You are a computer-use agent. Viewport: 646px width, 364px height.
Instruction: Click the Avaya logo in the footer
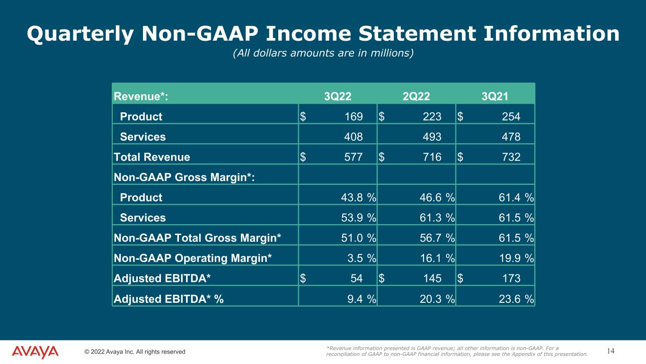[35, 352]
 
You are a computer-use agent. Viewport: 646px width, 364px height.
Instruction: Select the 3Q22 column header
[337, 97]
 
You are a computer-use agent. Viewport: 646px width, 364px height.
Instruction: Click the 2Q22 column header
[416, 97]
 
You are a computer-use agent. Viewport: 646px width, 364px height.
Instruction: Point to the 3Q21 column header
[495, 97]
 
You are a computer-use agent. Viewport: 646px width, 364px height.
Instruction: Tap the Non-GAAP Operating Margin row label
[193, 258]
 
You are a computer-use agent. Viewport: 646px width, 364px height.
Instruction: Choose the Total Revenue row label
[152, 157]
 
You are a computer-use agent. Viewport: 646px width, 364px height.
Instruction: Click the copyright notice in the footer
[135, 352]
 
